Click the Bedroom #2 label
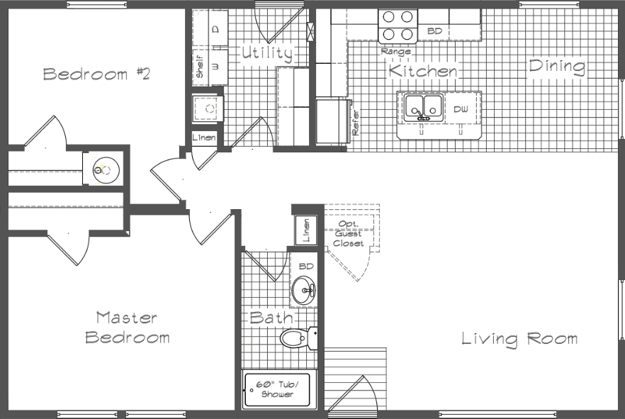96,74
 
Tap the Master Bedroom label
128,327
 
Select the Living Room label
519,339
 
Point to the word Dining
557,67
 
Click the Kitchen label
423,71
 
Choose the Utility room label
266,53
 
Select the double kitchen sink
423,107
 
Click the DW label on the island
461,109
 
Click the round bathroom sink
303,290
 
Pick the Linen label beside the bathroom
306,231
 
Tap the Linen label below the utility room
205,137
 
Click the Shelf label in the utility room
200,68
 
